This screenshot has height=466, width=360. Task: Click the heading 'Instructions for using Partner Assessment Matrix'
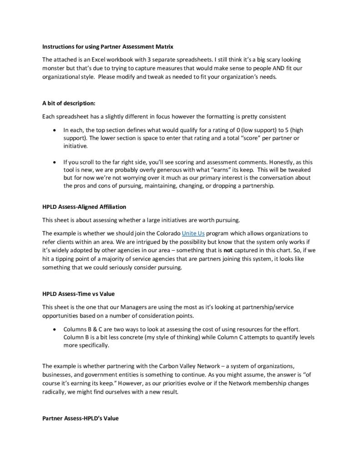click(x=107, y=46)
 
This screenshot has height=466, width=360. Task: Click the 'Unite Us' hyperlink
click(x=193, y=233)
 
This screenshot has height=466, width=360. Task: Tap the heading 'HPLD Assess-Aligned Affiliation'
click(x=84, y=207)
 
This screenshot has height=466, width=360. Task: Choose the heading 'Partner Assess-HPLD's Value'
click(x=80, y=418)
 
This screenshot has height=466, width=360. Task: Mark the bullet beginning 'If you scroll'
click(x=55, y=162)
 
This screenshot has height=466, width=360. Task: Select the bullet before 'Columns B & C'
click(x=55, y=329)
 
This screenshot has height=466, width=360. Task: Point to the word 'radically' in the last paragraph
click(x=55, y=392)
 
